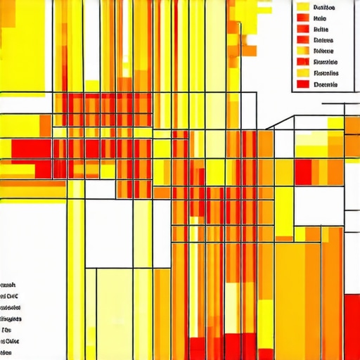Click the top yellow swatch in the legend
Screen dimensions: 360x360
click(x=303, y=8)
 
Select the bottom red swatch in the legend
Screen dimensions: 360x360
click(x=303, y=84)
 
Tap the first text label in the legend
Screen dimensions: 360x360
click(x=325, y=8)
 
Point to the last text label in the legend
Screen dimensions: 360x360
click(x=325, y=84)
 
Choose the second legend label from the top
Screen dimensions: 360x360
click(x=321, y=19)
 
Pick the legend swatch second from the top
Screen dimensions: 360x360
click(x=303, y=19)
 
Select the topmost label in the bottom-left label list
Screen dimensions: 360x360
click(x=9, y=285)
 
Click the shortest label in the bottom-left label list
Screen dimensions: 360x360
click(x=7, y=328)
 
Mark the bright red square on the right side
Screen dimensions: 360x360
click(x=303, y=172)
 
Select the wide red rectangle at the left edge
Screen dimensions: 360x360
click(x=31, y=149)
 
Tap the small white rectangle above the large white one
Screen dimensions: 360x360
click(x=99, y=189)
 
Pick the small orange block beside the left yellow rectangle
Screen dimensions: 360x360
click(x=44, y=125)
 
